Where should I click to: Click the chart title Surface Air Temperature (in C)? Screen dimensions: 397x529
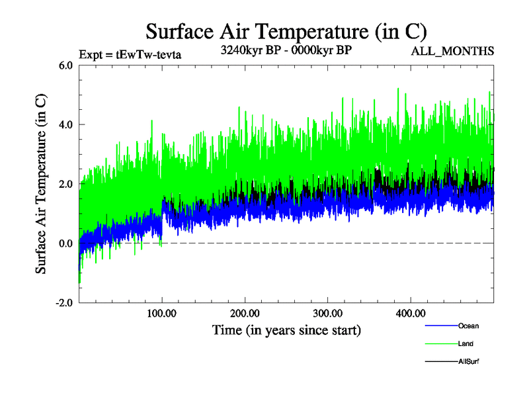point(286,32)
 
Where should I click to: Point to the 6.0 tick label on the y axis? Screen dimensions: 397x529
point(66,65)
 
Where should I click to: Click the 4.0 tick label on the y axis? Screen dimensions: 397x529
point(66,124)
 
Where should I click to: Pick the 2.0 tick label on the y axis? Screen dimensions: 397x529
point(66,184)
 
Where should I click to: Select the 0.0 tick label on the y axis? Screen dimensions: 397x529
point(66,243)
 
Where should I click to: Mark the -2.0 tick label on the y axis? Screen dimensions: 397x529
point(64,303)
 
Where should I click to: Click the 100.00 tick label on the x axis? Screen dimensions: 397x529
point(162,313)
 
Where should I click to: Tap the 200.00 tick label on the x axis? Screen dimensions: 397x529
point(245,313)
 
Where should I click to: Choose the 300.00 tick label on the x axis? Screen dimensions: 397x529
point(327,313)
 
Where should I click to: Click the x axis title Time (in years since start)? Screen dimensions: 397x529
point(286,329)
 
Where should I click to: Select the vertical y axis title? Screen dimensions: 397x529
point(41,184)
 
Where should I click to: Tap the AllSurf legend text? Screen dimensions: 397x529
point(469,361)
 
